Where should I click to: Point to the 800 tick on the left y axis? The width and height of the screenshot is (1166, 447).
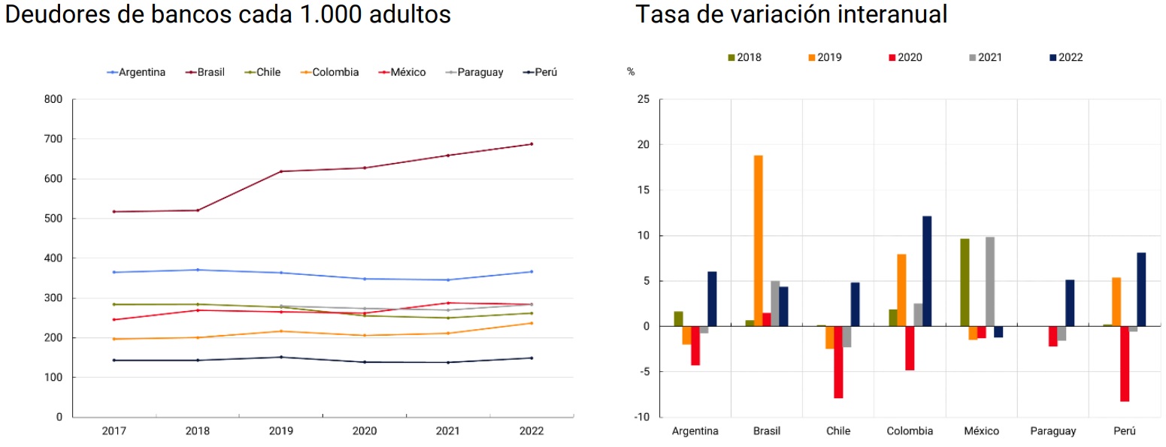(53, 99)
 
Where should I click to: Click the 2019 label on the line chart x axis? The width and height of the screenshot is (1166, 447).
(281, 431)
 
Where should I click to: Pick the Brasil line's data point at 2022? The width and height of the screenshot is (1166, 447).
(532, 144)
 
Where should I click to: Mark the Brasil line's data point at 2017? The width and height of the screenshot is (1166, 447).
(114, 212)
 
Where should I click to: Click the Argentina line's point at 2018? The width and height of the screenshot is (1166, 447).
(198, 270)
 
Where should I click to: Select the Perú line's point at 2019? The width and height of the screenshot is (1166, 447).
(281, 357)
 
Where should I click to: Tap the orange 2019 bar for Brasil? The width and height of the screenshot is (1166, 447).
(758, 240)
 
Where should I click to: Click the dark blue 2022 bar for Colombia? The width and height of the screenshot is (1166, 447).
(927, 271)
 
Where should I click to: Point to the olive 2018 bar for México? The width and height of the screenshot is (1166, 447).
(965, 282)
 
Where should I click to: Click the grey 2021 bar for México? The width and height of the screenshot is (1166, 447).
(990, 282)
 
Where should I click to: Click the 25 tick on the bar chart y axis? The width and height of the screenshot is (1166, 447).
(645, 99)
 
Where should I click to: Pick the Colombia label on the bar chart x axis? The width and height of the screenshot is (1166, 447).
(910, 431)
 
